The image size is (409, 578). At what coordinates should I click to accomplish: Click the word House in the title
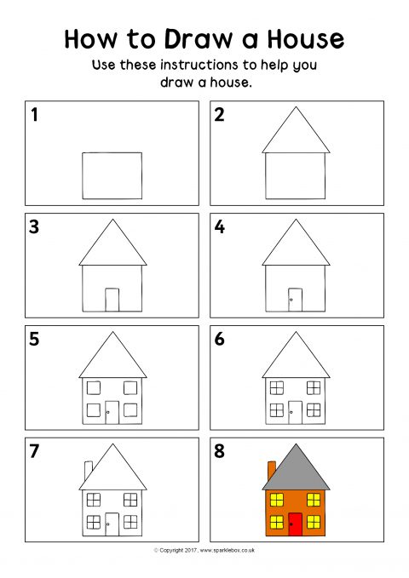306,38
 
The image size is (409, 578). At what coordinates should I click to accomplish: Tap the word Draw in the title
199,38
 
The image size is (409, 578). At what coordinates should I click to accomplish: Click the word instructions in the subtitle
199,65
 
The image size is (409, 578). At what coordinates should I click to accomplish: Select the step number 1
34,114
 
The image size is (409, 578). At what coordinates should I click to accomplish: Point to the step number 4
220,226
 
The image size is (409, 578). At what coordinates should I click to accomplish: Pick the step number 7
34,451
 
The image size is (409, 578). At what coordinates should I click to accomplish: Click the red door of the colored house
296,524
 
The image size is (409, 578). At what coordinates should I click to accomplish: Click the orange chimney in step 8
272,471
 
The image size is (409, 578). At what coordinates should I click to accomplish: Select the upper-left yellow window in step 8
277,500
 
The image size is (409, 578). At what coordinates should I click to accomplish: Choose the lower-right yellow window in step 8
314,522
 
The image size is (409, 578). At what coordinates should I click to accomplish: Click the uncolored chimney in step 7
89,471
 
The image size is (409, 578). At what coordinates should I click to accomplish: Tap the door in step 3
112,300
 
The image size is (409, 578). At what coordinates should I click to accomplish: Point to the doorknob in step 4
291,300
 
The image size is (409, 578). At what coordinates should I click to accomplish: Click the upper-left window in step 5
94,388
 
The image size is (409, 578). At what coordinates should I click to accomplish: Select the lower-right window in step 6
314,410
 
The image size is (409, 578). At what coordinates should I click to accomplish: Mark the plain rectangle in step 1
112,176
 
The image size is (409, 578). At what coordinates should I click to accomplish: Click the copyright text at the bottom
204,551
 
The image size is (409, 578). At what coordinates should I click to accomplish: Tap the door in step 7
112,524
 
